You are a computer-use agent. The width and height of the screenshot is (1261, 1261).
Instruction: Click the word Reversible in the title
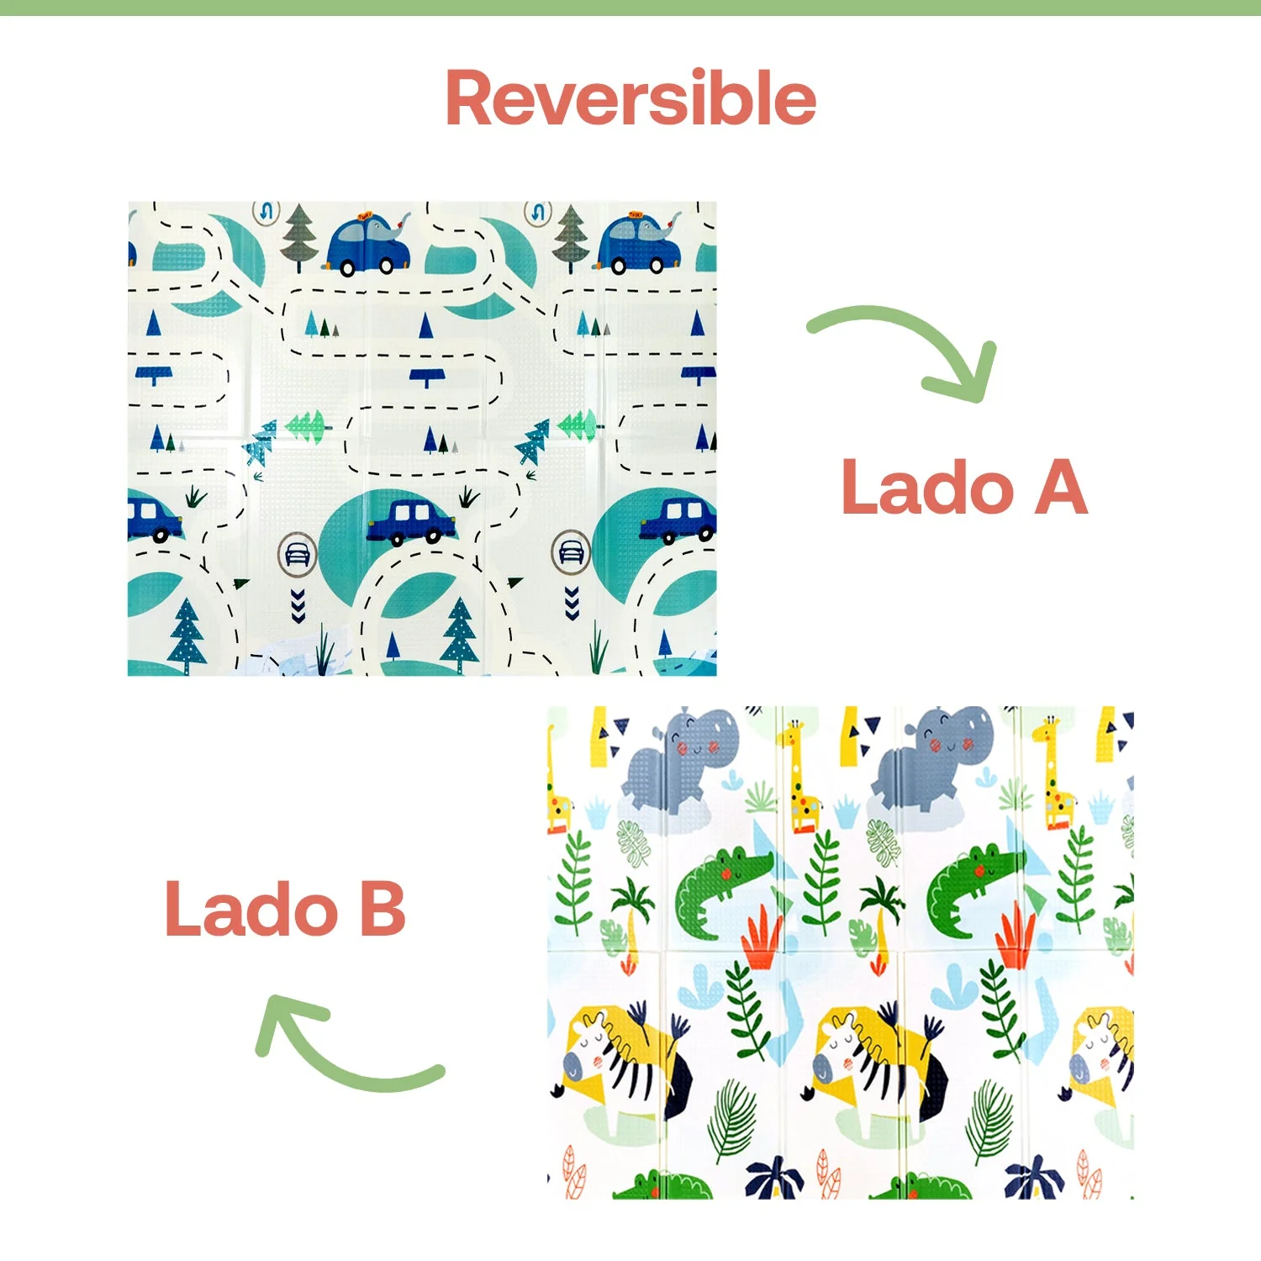pos(630,98)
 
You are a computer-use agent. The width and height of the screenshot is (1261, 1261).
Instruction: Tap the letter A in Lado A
pos(1061,487)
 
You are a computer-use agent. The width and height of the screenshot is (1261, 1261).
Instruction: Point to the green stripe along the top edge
pos(630,8)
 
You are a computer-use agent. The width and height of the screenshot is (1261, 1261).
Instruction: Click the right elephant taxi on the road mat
pos(637,242)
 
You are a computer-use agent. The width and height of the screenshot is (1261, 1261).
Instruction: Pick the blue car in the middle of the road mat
pos(410,521)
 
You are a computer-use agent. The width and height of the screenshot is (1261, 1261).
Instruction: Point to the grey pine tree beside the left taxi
pos(298,237)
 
